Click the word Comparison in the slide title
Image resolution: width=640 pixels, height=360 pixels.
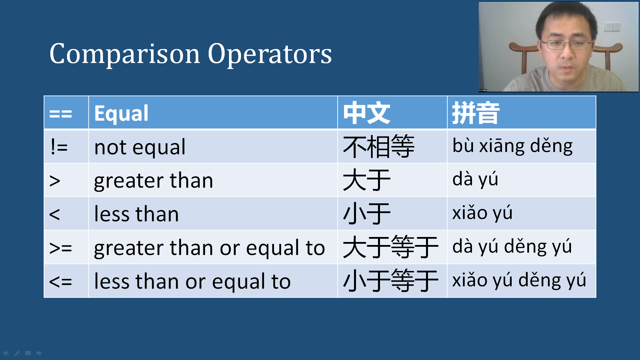tap(125, 54)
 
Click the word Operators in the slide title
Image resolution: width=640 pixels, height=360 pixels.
tap(270, 54)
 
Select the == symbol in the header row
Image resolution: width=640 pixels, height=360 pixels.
tap(61, 114)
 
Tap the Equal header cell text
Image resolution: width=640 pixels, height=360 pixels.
tap(121, 113)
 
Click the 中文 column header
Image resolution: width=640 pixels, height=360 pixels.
tap(367, 113)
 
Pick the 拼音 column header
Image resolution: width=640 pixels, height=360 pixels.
tap(476, 113)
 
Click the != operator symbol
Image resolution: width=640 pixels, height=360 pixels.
tap(59, 147)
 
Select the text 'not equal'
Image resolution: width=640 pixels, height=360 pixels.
tap(140, 147)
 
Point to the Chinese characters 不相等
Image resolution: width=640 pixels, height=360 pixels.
tap(379, 147)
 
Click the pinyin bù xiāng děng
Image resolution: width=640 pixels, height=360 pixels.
tap(512, 146)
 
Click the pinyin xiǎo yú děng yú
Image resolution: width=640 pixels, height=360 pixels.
tap(519, 280)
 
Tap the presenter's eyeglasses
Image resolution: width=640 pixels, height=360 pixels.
tap(567, 45)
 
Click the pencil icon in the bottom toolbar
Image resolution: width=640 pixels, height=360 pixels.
tap(17, 353)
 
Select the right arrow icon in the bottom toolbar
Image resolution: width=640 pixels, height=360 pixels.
tap(39, 353)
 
